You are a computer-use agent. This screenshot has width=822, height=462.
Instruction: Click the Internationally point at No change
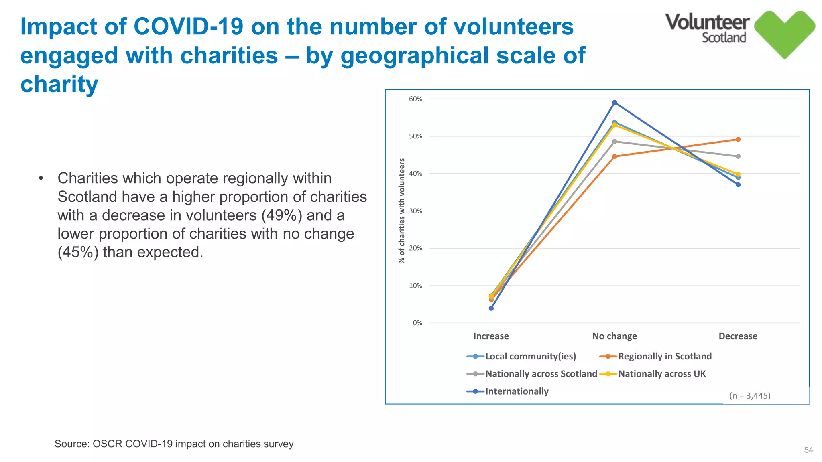pyautogui.click(x=614, y=103)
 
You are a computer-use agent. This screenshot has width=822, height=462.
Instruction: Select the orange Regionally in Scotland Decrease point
pyautogui.click(x=738, y=140)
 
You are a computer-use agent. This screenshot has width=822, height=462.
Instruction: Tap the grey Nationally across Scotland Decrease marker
pyautogui.click(x=738, y=156)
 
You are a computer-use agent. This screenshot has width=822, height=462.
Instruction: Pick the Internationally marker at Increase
pyautogui.click(x=491, y=308)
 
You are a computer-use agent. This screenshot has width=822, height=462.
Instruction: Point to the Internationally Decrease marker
pyautogui.click(x=738, y=185)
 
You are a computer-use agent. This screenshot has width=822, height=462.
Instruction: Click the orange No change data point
pyautogui.click(x=614, y=156)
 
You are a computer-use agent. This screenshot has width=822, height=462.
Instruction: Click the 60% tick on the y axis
pyautogui.click(x=416, y=99)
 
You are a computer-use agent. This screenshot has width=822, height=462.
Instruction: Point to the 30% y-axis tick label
pyautogui.click(x=416, y=211)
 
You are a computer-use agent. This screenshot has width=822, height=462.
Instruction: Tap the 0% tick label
pyautogui.click(x=417, y=323)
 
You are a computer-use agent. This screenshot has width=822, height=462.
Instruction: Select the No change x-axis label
pyautogui.click(x=614, y=336)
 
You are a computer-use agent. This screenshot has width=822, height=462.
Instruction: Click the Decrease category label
pyautogui.click(x=738, y=336)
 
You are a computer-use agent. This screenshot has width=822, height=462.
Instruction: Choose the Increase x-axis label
pyautogui.click(x=491, y=336)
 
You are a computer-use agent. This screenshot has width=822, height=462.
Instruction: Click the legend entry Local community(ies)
pyautogui.click(x=530, y=356)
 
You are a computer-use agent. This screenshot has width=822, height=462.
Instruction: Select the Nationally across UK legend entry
pyautogui.click(x=661, y=374)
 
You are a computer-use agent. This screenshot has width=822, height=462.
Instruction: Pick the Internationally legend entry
pyautogui.click(x=517, y=391)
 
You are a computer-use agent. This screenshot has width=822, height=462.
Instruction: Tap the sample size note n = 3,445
pyautogui.click(x=750, y=396)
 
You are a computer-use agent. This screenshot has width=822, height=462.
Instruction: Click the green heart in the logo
pyautogui.click(x=785, y=34)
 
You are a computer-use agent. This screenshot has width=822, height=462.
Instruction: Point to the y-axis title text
pyautogui.click(x=402, y=211)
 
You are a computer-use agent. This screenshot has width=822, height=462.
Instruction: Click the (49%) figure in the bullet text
pyautogui.click(x=281, y=215)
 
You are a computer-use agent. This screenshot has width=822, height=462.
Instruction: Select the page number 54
pyautogui.click(x=808, y=450)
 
